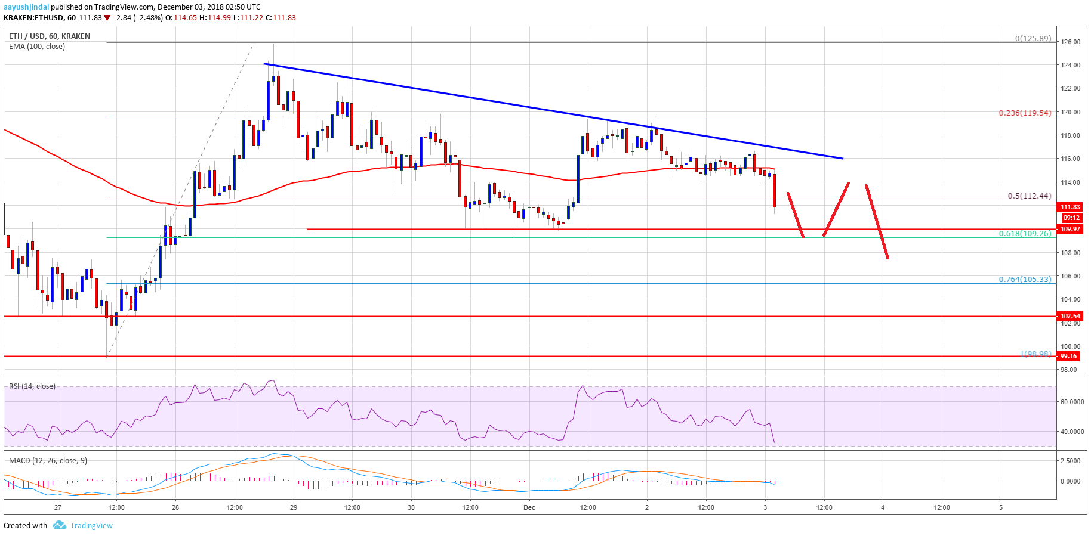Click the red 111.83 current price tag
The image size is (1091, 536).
click(1070, 207)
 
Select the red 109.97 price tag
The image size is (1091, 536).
click(1070, 229)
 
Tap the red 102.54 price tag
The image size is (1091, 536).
click(1070, 316)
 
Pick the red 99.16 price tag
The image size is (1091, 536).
click(1069, 356)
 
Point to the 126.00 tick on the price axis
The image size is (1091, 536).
click(1070, 42)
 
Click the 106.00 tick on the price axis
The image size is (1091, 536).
click(1070, 276)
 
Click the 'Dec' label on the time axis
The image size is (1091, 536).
click(529, 507)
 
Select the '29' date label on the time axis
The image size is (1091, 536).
click(293, 507)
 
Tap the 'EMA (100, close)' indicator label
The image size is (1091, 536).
click(37, 46)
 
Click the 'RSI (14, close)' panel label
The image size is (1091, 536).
click(32, 386)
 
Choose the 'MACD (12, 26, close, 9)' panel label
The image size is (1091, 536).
click(48, 460)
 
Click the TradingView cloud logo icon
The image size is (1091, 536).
click(59, 525)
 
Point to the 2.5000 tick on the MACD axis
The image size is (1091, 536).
click(1071, 461)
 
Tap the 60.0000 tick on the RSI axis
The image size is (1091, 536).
click(1071, 402)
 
